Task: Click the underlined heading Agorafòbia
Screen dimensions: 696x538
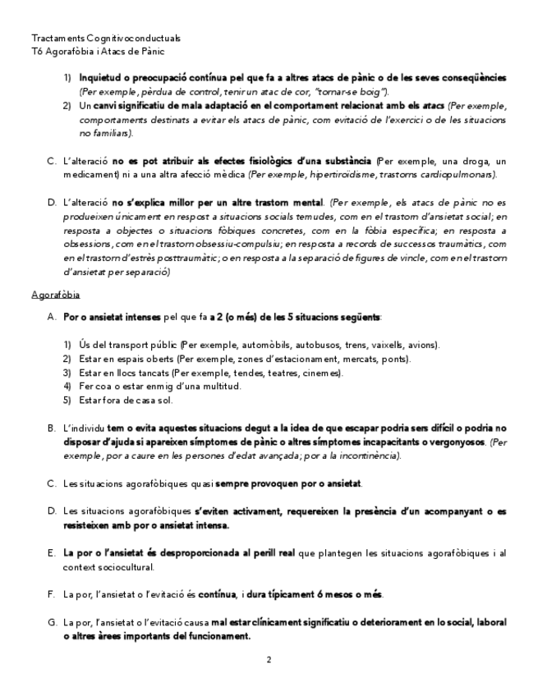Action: click(x=55, y=295)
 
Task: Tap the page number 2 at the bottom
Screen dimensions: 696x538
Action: click(x=269, y=659)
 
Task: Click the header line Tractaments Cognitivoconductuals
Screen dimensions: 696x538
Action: click(x=106, y=39)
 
